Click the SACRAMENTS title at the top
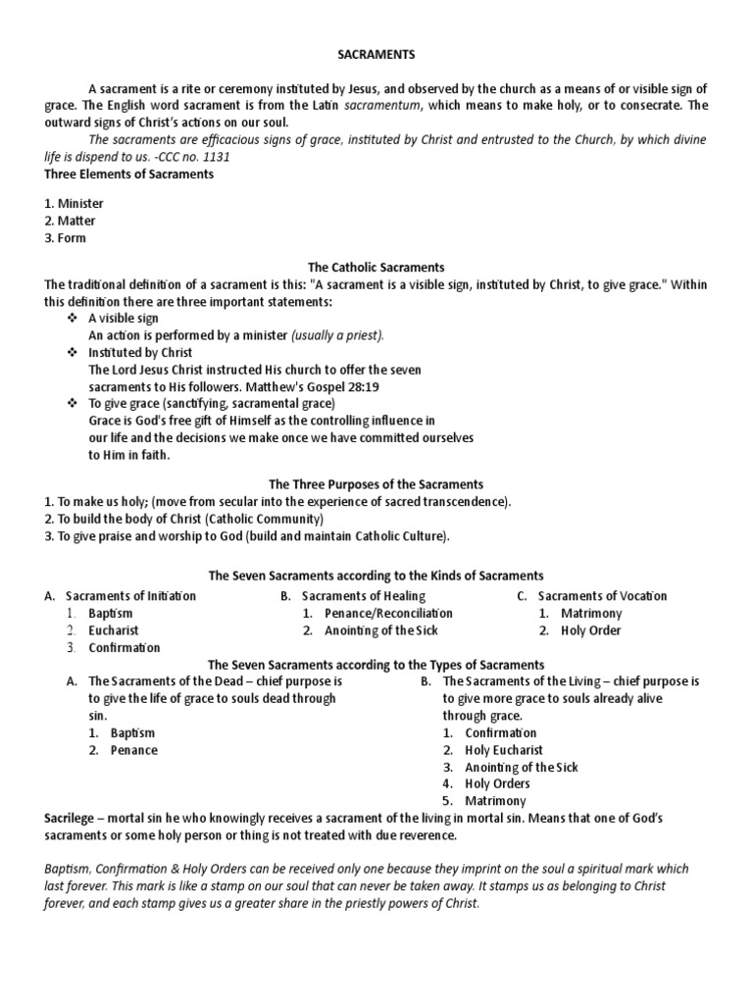(376, 57)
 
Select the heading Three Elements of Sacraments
(129, 175)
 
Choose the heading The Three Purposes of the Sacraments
(376, 484)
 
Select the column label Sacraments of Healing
(364, 596)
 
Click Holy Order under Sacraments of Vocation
(591, 630)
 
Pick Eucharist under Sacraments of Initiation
(114, 630)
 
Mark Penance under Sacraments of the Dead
(134, 750)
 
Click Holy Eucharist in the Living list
(504, 750)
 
